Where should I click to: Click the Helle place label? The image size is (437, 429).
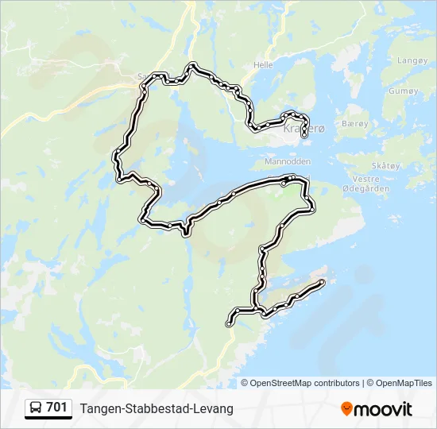[262, 64]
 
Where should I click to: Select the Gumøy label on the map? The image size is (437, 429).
[403, 91]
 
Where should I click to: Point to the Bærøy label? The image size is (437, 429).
[354, 124]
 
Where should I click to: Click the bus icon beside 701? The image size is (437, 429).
[36, 408]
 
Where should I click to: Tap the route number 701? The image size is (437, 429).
[56, 408]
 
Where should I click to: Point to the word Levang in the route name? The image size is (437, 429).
[214, 408]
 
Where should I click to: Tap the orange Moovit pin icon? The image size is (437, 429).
[346, 408]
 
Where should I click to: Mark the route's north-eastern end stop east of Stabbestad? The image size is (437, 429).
[322, 282]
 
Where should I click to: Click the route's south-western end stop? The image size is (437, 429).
[229, 323]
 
